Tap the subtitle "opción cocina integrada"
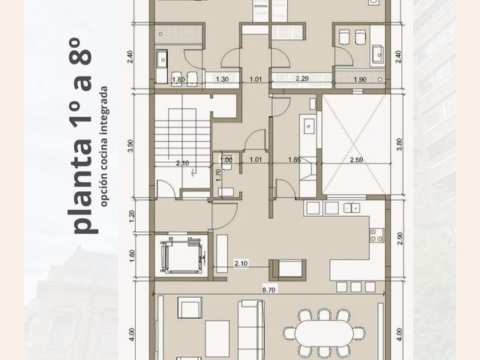[104, 146]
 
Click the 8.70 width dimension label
[268, 290]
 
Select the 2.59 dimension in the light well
[357, 160]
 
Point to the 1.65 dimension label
[295, 160]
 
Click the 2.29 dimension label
[302, 79]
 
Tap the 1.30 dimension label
[222, 79]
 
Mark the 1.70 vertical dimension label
[218, 175]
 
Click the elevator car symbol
[181, 256]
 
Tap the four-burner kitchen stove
[376, 235]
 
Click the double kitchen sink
[352, 208]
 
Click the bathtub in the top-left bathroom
[178, 34]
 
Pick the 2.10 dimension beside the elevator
[241, 263]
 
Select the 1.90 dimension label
[360, 79]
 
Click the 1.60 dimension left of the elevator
[132, 256]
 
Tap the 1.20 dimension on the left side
[132, 217]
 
